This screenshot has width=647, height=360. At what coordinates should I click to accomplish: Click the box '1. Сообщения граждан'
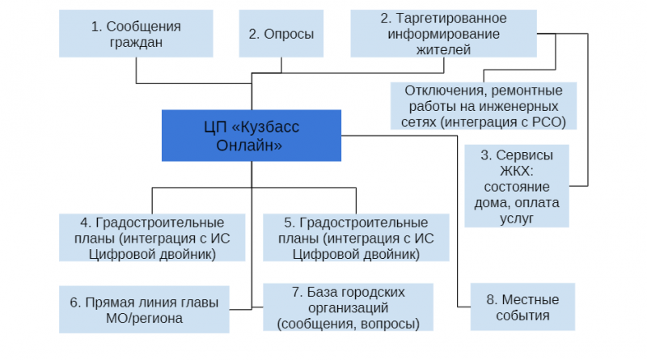coord(136,33)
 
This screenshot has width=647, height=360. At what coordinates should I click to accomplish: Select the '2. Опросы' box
coord(281,33)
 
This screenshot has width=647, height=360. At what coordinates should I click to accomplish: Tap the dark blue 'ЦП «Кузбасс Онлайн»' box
coord(252,135)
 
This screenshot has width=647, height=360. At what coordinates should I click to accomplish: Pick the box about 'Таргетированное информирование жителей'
coord(443,33)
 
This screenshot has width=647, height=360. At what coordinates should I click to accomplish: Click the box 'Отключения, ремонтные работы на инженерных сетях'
coord(484,106)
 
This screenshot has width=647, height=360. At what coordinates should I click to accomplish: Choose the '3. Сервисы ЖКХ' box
coord(517,186)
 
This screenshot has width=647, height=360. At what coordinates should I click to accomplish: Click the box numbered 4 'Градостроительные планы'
coord(152,237)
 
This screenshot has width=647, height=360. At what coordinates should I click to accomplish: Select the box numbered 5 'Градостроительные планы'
coord(356,237)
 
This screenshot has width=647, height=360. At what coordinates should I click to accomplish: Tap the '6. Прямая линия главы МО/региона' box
coord(144,309)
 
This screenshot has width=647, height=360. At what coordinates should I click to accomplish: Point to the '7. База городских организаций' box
coord(349,307)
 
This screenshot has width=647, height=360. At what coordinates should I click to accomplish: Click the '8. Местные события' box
coord(522,307)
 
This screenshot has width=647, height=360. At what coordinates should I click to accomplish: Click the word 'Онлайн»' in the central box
coord(249,146)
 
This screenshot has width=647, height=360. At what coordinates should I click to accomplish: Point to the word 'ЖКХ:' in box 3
coord(517,171)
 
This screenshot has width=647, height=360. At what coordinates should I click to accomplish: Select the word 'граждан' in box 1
coord(136,42)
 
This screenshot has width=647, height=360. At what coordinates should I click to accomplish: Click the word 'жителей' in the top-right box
coord(443,49)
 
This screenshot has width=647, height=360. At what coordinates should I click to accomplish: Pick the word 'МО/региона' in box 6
coord(144,318)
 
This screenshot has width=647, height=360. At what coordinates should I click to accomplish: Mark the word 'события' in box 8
coord(522,316)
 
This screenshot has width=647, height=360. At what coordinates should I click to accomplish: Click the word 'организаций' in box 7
coord(349,308)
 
